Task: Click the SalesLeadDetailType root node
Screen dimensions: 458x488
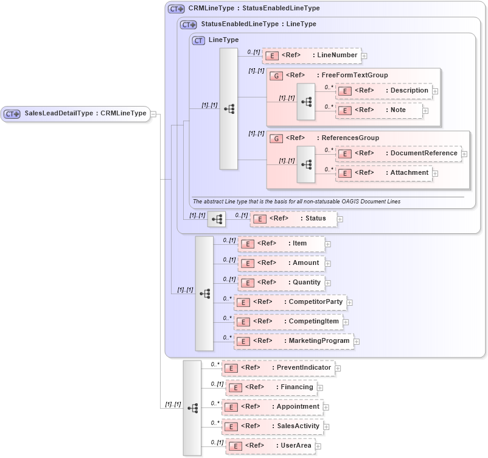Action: [75, 113]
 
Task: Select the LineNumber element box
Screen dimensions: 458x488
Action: [312, 55]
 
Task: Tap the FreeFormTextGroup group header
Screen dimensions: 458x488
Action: [329, 75]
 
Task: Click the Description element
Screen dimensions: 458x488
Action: [384, 91]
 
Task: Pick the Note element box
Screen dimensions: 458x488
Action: [379, 110]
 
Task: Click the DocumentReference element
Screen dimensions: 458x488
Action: [398, 153]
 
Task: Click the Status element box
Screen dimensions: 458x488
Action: [294, 219]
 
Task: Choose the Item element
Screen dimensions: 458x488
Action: [281, 244]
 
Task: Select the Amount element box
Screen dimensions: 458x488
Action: [281, 263]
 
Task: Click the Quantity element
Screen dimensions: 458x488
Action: [281, 283]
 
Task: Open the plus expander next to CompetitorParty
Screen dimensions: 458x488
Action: [350, 302]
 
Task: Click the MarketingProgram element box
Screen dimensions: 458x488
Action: [293, 341]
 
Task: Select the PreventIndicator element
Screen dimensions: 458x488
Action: [278, 368]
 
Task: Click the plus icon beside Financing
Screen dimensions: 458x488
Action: [320, 387]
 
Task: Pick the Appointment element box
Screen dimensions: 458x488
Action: [272, 407]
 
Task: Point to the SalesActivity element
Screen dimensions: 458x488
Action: [272, 426]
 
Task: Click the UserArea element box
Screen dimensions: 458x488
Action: [270, 446]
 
